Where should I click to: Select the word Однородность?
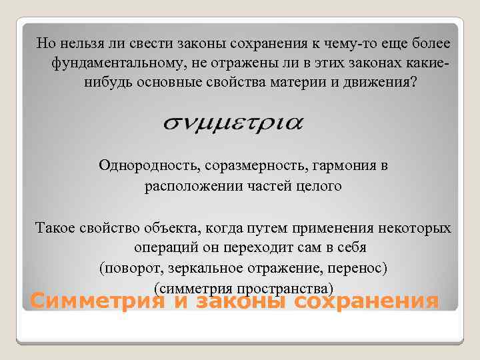(x=139, y=165)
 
